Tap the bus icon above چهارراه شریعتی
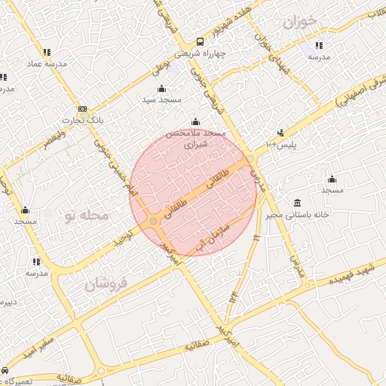[x=200, y=42]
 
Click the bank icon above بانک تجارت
[x=82, y=109]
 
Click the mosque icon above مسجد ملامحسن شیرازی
[x=195, y=122]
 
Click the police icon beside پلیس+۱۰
[x=281, y=133]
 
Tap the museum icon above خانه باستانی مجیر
[x=299, y=203]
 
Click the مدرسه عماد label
[x=47, y=63]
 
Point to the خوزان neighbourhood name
[x=300, y=21]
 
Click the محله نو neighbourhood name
[x=87, y=216]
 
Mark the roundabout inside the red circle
[x=154, y=221]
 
